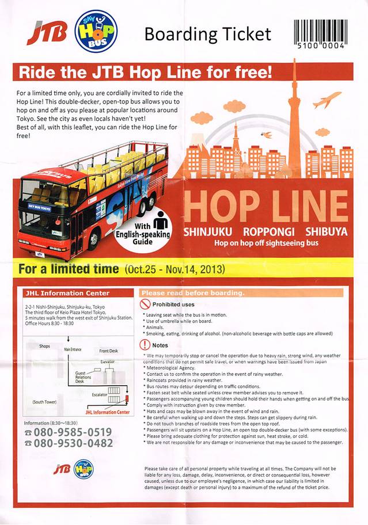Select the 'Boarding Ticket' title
coord(207,34)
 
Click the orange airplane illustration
coord(327,100)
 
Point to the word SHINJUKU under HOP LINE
coord(208,233)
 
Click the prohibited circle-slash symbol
coord(145,304)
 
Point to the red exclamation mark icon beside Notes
coord(145,345)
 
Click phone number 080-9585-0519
coord(73,432)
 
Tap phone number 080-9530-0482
coord(73,443)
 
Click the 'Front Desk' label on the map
coord(109,351)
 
